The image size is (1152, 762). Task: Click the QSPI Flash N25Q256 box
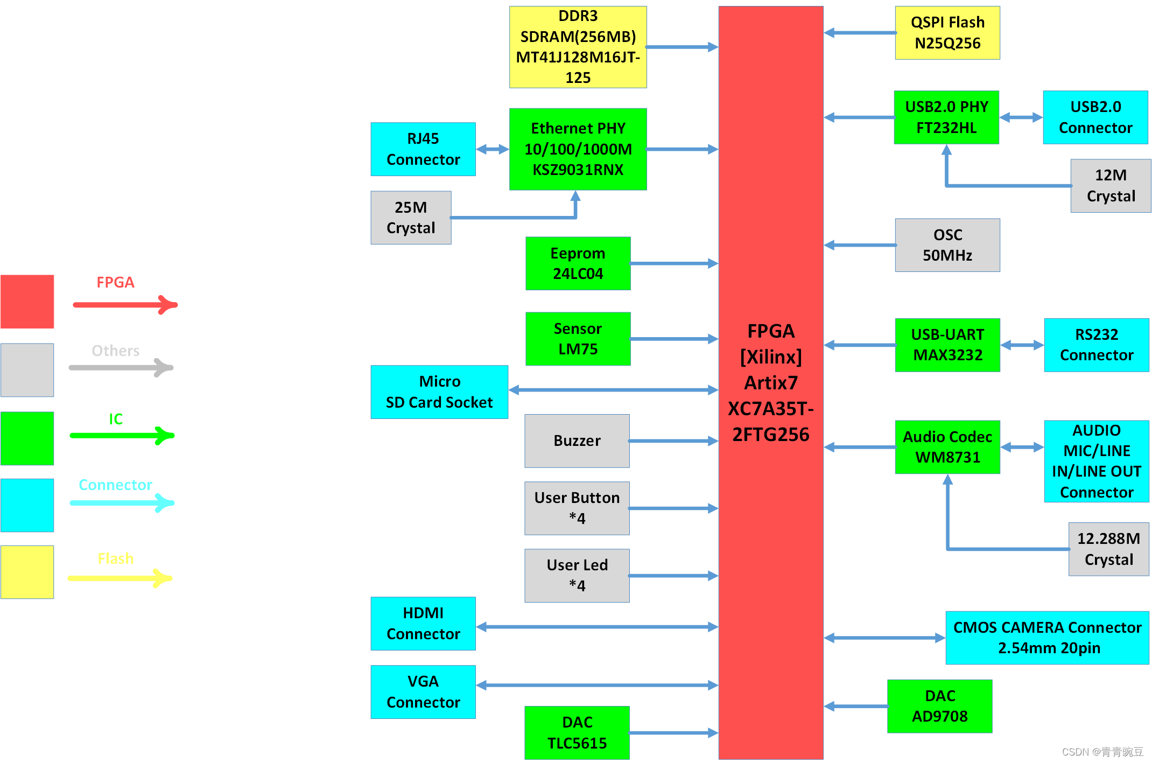click(x=947, y=33)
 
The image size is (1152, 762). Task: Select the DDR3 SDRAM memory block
click(x=578, y=47)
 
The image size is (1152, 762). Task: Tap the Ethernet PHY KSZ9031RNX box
click(x=578, y=149)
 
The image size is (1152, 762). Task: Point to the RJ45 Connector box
click(x=423, y=149)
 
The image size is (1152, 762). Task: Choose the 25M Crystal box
click(x=411, y=218)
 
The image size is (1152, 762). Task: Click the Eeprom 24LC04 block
click(x=578, y=263)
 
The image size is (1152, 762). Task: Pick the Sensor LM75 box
click(x=578, y=339)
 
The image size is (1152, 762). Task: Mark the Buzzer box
click(x=577, y=441)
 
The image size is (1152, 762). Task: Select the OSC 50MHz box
click(x=947, y=245)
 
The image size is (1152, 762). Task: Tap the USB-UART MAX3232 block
click(x=947, y=345)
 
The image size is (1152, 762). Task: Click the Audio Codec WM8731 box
click(x=947, y=447)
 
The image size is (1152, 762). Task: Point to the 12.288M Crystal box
click(x=1108, y=549)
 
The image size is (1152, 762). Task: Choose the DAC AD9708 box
click(x=939, y=706)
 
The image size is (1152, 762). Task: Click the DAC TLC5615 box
click(x=577, y=732)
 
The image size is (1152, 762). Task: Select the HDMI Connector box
click(x=423, y=624)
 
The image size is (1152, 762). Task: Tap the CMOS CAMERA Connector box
click(x=1047, y=638)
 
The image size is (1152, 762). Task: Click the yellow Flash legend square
click(x=27, y=572)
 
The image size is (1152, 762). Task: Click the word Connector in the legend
click(x=115, y=485)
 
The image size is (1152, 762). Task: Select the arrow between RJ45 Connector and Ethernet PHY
click(x=492, y=149)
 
